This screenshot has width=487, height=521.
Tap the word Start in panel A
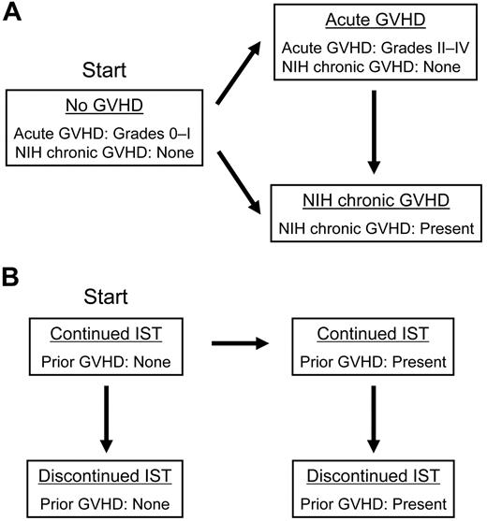[106, 70]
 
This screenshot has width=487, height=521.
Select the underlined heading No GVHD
[106, 106]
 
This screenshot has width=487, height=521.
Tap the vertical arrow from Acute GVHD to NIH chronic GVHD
[373, 132]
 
